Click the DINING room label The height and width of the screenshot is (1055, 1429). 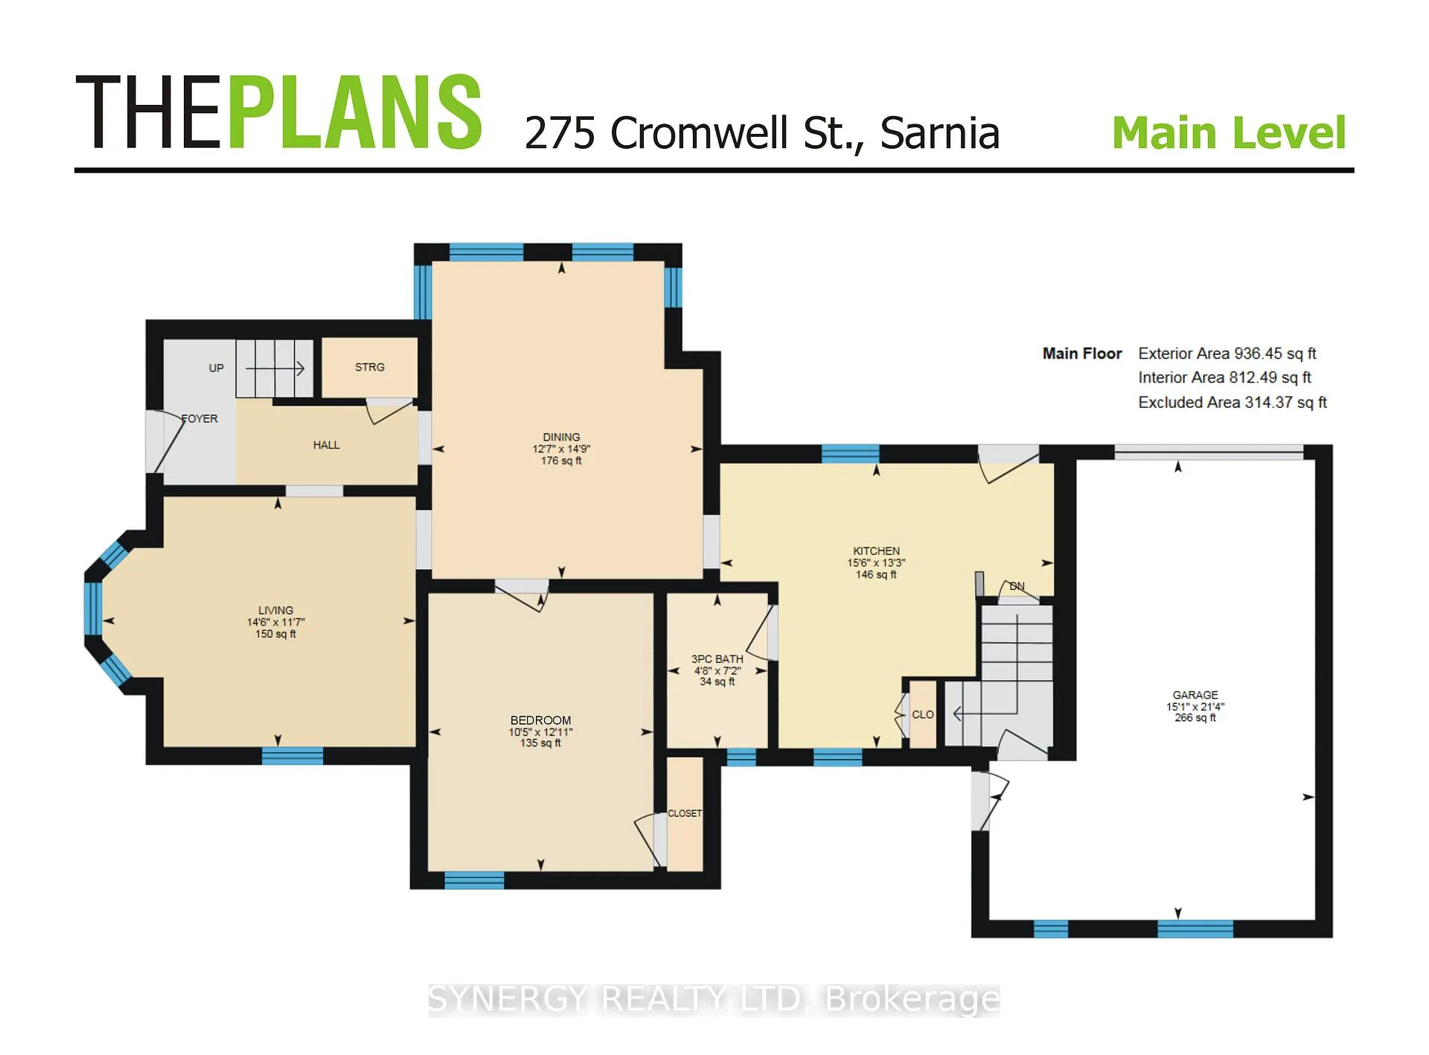561,437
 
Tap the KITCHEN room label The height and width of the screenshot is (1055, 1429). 876,551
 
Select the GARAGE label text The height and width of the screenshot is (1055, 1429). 1195,695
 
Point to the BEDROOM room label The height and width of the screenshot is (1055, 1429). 541,720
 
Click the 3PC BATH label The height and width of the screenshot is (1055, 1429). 717,659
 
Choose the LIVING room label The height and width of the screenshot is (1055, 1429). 275,610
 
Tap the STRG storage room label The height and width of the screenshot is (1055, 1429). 370,368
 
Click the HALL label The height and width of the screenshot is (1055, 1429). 326,445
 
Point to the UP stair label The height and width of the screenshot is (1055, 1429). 217,368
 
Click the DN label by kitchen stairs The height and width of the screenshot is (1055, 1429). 1017,586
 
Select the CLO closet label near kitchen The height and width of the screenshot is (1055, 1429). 923,714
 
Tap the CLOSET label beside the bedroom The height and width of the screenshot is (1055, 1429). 685,813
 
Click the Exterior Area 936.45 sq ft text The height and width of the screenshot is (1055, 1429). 1227,353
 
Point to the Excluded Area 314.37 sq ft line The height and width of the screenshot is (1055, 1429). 1233,403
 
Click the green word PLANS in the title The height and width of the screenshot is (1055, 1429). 355,112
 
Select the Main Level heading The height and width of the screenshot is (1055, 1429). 1229,132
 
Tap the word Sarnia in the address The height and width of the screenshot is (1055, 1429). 940,133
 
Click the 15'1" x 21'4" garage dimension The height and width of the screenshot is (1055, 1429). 1195,707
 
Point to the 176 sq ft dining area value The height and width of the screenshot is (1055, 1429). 561,461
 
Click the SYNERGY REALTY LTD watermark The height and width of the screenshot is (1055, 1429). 617,999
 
